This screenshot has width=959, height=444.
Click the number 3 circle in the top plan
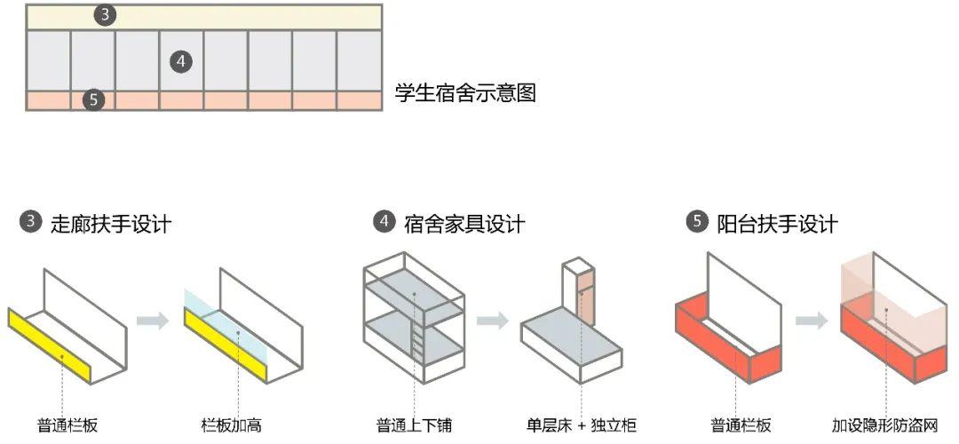click(x=106, y=15)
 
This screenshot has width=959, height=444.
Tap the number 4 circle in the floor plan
click(x=181, y=61)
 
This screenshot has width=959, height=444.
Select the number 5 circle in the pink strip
click(x=94, y=99)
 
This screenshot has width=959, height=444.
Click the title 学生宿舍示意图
click(x=465, y=93)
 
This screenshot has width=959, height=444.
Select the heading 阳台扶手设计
click(x=777, y=224)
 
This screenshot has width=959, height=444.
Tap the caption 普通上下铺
click(x=412, y=425)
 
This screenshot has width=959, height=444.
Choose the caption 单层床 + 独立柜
click(x=582, y=425)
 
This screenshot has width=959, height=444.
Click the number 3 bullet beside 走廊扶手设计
click(x=31, y=223)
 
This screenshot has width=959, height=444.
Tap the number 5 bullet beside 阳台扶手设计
click(x=697, y=223)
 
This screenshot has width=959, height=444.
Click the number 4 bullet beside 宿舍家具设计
click(x=384, y=223)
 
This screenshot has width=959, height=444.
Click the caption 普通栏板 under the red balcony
click(x=741, y=425)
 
